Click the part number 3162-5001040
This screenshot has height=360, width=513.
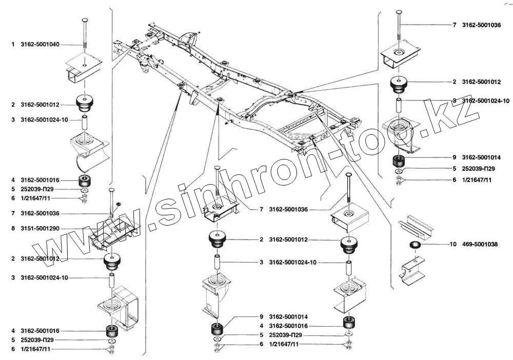coord(40,45)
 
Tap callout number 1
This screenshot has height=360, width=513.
coord(13,45)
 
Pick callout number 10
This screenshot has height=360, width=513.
coord(453,245)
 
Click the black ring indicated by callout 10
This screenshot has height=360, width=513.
coord(416,245)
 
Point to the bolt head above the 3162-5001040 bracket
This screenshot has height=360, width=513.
coord(85,19)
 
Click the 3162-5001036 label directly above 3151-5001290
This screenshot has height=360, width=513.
coord(40,213)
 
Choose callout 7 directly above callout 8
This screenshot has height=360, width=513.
coord(13,213)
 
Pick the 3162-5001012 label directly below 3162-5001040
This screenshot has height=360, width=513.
coord(40,105)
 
